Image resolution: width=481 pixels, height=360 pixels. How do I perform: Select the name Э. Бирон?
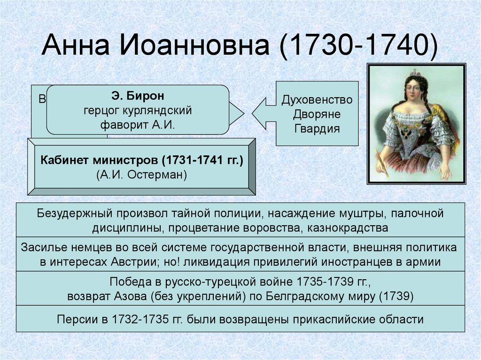[x=138, y=97]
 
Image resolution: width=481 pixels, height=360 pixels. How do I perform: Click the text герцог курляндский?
[x=138, y=111]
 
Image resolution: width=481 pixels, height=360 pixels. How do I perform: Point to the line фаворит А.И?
[x=138, y=125]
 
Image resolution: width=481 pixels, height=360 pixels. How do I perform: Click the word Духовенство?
[x=317, y=100]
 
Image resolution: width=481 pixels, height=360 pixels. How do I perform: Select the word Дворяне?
[x=317, y=114]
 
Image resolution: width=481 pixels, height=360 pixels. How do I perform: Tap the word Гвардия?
[x=317, y=128]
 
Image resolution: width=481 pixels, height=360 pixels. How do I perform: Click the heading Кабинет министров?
[x=99, y=161]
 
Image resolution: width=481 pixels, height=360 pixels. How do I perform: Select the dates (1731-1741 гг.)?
[x=202, y=161]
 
